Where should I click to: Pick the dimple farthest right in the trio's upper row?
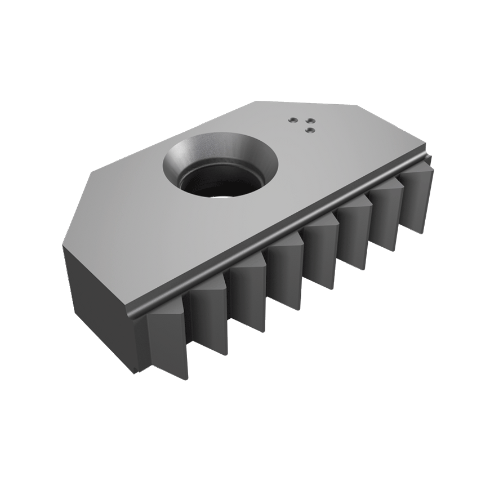pos(308,118)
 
